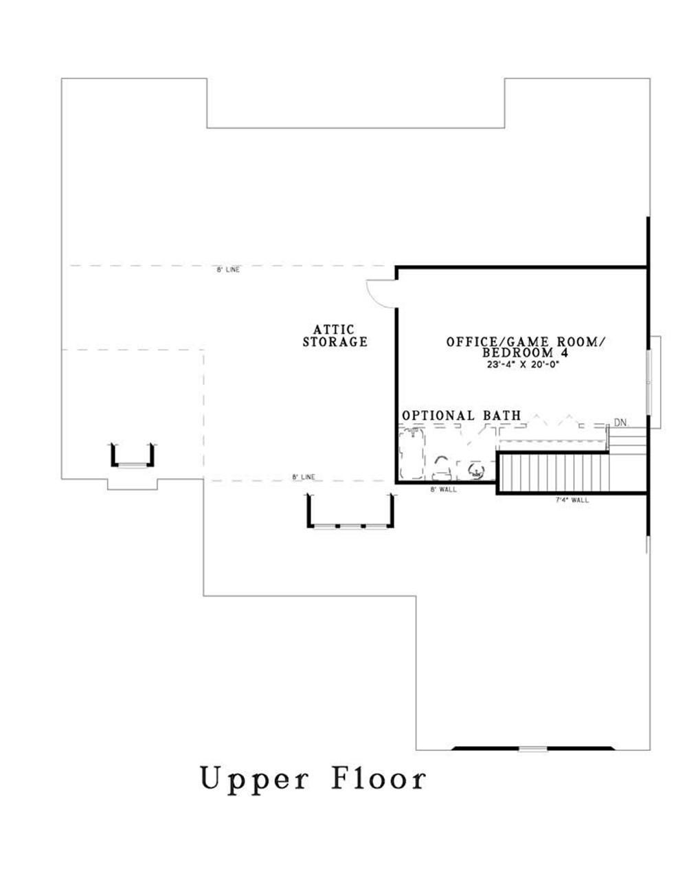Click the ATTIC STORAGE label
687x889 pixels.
tap(335, 336)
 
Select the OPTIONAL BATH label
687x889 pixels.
tap(461, 416)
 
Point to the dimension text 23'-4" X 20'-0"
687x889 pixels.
tap(523, 365)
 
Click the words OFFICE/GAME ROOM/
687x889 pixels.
tap(526, 341)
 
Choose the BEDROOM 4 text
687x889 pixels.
tap(526, 352)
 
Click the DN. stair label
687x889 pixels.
tap(620, 423)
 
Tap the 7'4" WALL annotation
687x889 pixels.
tap(572, 500)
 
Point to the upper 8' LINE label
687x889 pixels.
tap(228, 270)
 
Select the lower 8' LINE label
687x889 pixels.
tap(303, 477)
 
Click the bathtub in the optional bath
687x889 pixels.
tap(413, 453)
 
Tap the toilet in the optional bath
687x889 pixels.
tap(441, 468)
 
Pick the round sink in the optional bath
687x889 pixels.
tap(475, 471)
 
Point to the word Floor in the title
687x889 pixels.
tap(379, 780)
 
